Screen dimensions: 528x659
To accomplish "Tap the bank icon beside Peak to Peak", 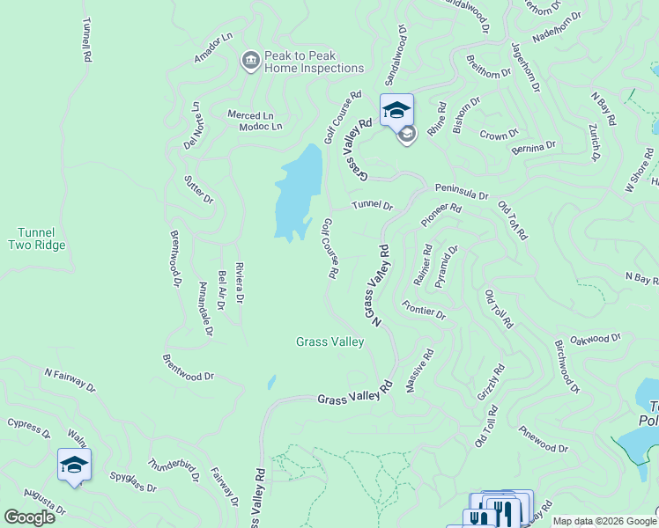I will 250,61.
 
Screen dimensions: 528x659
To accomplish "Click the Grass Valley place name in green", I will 329,341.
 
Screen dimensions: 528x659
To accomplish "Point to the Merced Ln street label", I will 251,115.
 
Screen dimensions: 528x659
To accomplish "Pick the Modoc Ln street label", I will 260,127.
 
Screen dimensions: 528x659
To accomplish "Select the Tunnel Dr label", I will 372,205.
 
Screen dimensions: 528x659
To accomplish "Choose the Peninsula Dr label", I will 461,191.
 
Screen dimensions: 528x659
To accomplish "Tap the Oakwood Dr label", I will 596,338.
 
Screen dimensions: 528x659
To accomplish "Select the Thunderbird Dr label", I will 176,466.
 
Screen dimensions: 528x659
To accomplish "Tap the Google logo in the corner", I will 29,517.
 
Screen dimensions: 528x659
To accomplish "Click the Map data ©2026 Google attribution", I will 604,521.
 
